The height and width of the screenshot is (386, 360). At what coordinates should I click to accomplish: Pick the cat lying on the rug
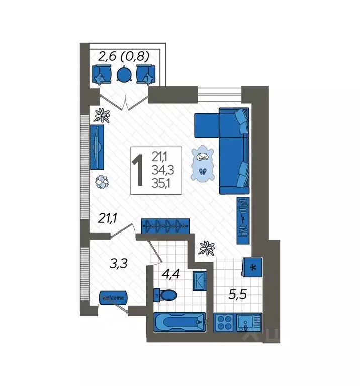point(203,156)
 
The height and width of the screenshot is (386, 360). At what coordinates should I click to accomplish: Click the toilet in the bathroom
point(166,294)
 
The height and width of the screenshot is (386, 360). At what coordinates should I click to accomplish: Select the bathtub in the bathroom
point(179,321)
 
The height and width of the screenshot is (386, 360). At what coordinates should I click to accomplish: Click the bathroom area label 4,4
point(172,274)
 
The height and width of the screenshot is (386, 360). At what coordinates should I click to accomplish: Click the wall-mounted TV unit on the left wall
point(98,147)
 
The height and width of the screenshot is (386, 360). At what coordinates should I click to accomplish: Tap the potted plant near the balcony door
point(103,115)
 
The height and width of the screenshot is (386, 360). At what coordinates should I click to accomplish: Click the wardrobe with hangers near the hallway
point(165,226)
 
